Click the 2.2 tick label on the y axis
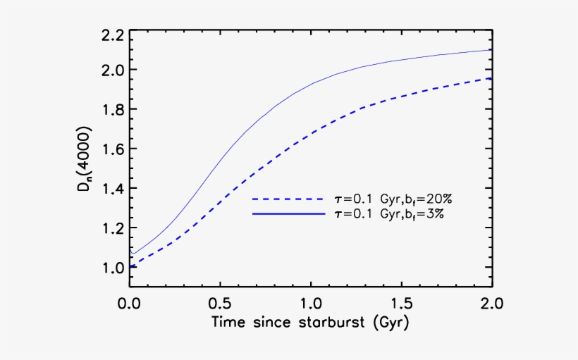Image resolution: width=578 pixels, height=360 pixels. [114, 35]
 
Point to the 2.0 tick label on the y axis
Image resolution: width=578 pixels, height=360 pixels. [114, 70]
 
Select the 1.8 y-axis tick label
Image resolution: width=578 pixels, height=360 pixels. [114, 110]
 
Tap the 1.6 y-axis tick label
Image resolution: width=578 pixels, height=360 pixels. [114, 149]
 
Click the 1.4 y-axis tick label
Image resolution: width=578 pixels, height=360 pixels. [114, 189]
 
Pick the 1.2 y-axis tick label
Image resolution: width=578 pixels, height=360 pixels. [114, 228]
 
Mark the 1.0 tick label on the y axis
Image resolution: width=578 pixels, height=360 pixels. [114, 268]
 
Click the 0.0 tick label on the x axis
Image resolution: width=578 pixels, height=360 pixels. [130, 304]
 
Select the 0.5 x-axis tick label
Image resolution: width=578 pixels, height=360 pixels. [220, 304]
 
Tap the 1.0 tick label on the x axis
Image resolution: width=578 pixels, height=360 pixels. [311, 304]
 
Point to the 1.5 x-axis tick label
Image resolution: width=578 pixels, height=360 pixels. [401, 304]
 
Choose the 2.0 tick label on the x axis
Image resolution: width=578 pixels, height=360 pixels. [491, 304]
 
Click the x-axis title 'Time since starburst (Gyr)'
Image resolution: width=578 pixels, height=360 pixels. [311, 323]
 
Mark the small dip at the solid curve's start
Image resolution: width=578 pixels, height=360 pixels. [133, 254]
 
